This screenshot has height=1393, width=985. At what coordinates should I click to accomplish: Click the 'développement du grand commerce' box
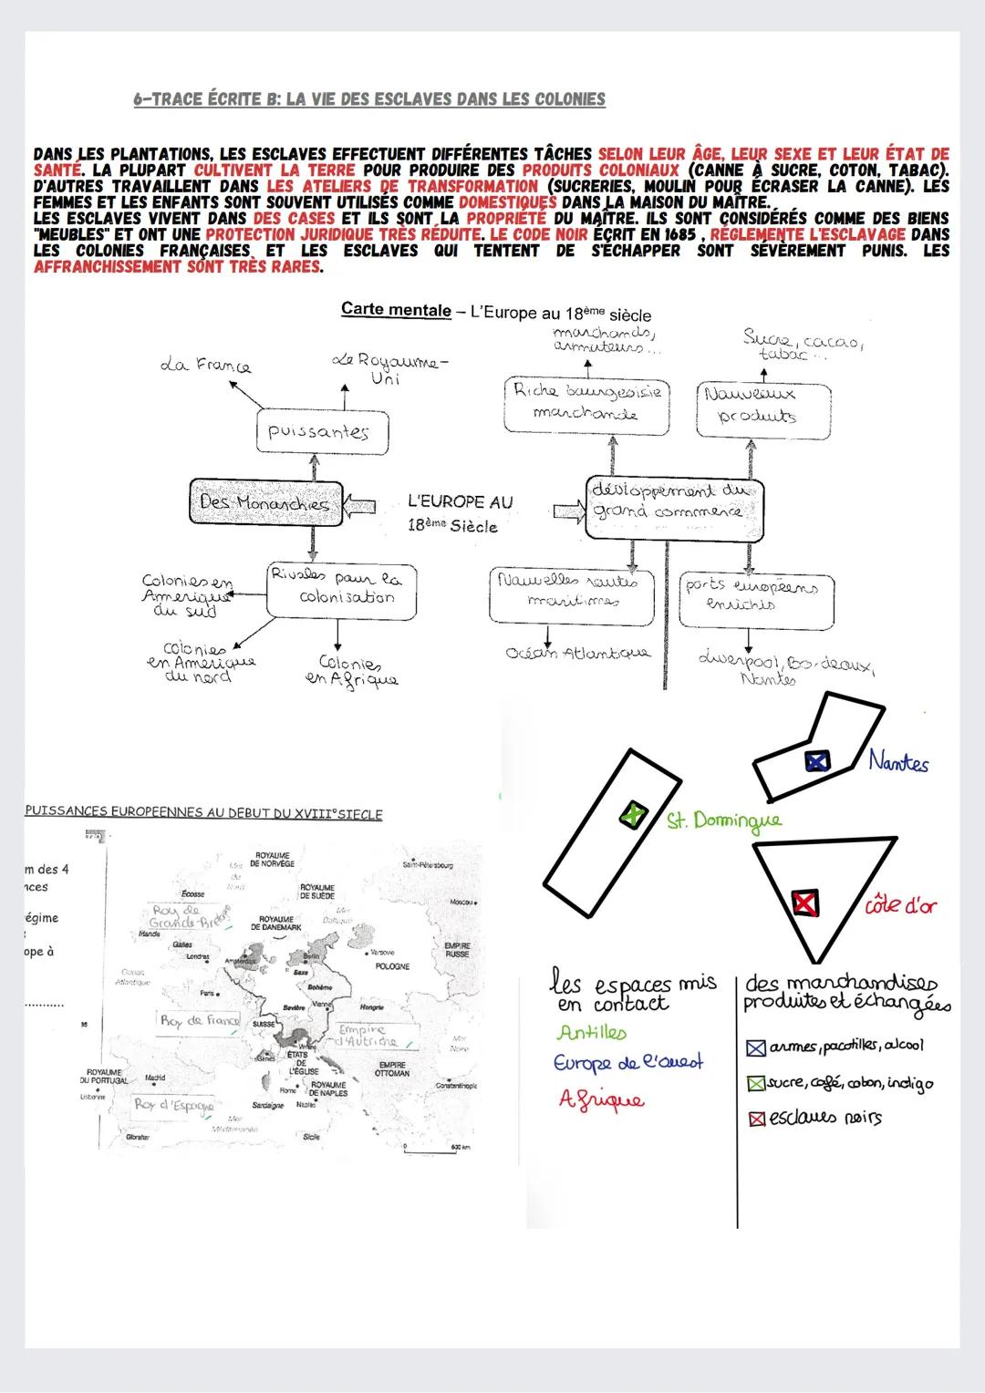coord(673,502)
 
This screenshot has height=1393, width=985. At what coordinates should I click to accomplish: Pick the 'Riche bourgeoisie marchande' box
coord(587,405)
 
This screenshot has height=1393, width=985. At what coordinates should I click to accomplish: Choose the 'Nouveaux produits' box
coord(764,407)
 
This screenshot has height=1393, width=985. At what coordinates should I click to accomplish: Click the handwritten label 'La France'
coord(206,366)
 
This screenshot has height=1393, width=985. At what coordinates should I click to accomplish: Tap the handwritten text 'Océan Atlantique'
coord(578,653)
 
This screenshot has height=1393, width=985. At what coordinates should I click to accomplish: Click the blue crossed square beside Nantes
coord(816,761)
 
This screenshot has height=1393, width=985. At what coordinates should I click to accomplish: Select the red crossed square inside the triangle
coord(804,903)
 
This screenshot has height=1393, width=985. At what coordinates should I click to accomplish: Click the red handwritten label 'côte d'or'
coord(900,905)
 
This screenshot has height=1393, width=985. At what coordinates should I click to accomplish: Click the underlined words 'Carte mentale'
coord(396,309)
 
